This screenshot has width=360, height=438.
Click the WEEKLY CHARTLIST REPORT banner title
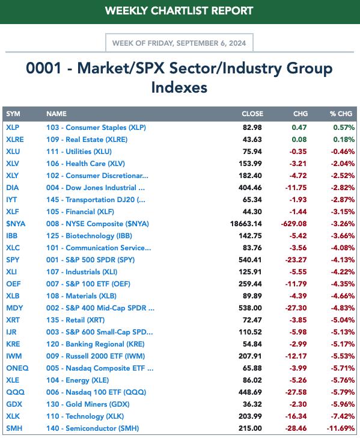pyautogui.click(x=179, y=11)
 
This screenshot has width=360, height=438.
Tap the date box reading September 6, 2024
pyautogui.click(x=179, y=43)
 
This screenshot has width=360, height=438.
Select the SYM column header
pyautogui.click(x=13, y=114)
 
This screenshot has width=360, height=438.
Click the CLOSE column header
pyautogui.click(x=252, y=114)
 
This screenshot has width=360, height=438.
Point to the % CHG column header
pyautogui.click(x=341, y=114)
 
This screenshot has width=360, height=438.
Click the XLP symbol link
pyautogui.click(x=13, y=128)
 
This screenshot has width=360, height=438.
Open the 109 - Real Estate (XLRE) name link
pyautogui.click(x=87, y=140)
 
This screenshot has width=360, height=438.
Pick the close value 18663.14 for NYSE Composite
pyautogui.click(x=246, y=224)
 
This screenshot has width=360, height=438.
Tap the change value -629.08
pyautogui.click(x=293, y=224)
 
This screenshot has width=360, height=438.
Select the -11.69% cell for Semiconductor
pyautogui.click(x=341, y=428)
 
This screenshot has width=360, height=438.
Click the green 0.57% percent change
pyautogui.click(x=344, y=128)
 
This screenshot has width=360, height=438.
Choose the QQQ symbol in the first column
pyautogui.click(x=16, y=392)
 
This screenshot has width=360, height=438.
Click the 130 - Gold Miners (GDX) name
pyautogui.click(x=88, y=404)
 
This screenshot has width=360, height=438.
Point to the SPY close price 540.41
pyautogui.click(x=250, y=260)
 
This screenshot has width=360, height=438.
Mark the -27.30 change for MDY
pyautogui.click(x=296, y=308)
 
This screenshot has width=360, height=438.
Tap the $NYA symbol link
pyautogui.click(x=16, y=224)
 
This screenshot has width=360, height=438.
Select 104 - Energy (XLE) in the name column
pyautogui.click(x=78, y=380)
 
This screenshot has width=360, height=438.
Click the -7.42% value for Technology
pyautogui.click(x=343, y=416)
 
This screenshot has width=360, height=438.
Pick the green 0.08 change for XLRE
pyautogui.click(x=299, y=140)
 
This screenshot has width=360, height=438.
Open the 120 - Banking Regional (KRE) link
pyautogui.click(x=96, y=344)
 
